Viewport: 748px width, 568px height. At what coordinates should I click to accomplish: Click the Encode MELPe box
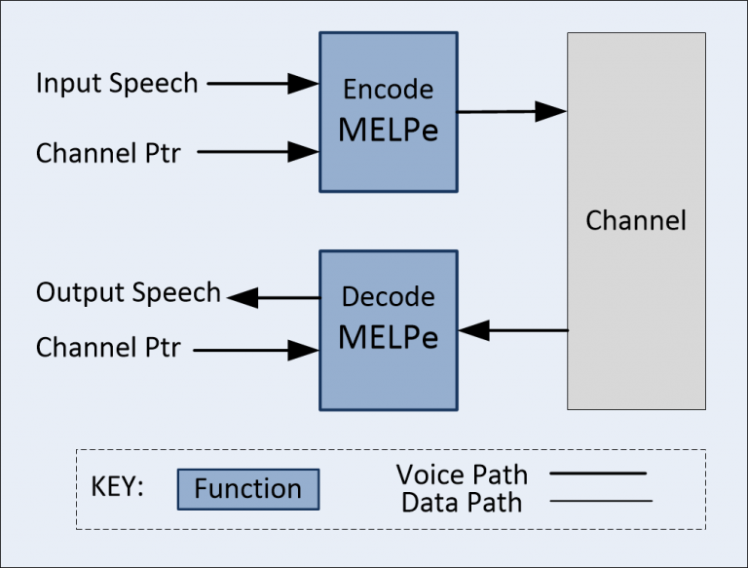point(388,111)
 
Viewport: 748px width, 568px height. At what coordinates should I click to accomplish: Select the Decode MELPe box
point(388,330)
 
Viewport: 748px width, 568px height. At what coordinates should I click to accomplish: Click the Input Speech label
point(117,84)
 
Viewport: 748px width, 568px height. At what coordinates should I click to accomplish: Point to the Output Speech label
point(129,293)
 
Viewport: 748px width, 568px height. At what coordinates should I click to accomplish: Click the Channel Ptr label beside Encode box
point(108,153)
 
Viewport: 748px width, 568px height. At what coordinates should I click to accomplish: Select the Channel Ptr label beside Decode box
point(108,348)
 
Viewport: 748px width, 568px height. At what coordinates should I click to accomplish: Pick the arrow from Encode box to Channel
point(511,112)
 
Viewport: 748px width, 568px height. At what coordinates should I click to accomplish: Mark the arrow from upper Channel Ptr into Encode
point(257,152)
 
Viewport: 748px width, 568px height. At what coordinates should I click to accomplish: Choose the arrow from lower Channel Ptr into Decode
point(257,348)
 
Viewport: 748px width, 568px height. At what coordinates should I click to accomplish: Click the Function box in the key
point(248,488)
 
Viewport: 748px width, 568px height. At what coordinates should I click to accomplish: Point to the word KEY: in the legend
point(117,487)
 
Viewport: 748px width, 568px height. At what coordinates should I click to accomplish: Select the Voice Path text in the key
point(462,475)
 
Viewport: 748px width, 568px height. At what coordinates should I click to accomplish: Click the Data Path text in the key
point(462,503)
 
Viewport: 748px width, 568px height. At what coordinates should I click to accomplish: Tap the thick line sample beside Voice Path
point(598,473)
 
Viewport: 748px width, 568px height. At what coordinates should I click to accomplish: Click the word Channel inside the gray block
point(636,220)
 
